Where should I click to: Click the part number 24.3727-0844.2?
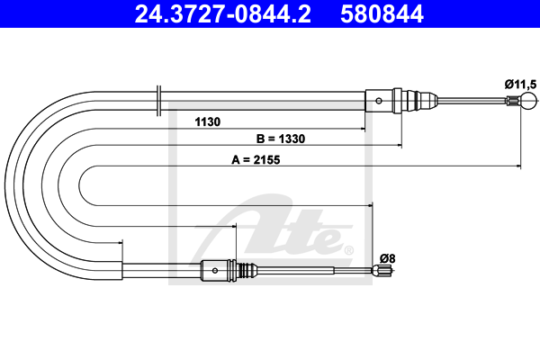pos(223,13)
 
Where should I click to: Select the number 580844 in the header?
pos(382,13)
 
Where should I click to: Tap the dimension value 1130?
pos(208,122)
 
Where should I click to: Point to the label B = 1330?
pos(281,139)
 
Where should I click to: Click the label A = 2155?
pos(256,160)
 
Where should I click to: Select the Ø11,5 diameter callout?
pos(521,84)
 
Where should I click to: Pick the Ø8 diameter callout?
pos(387,258)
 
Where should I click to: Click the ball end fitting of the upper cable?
pos(528,101)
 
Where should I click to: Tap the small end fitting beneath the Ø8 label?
pos(382,270)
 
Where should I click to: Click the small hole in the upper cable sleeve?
pos(379,101)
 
